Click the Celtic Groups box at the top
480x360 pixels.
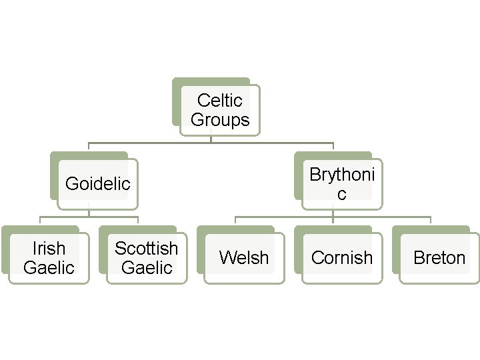click(219, 110)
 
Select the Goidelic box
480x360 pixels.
click(97, 183)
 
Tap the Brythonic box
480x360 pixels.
click(342, 183)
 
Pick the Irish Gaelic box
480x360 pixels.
click(49, 258)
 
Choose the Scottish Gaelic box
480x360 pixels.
click(147, 258)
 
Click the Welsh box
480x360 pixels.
click(244, 258)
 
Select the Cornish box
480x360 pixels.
click(342, 258)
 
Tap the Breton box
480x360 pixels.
click(439, 258)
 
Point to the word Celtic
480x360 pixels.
click(220, 101)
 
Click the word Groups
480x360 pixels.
click(220, 120)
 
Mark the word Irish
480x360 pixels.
click(49, 249)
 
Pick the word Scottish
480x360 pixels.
click(147, 249)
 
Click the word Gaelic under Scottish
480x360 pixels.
click(147, 268)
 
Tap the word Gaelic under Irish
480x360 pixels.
click(49, 268)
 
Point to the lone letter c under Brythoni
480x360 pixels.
click(342, 194)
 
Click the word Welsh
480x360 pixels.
click(244, 258)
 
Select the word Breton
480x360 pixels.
click(439, 258)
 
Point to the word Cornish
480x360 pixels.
click(342, 258)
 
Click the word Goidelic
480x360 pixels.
click(97, 184)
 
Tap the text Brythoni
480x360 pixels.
click(342, 174)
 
